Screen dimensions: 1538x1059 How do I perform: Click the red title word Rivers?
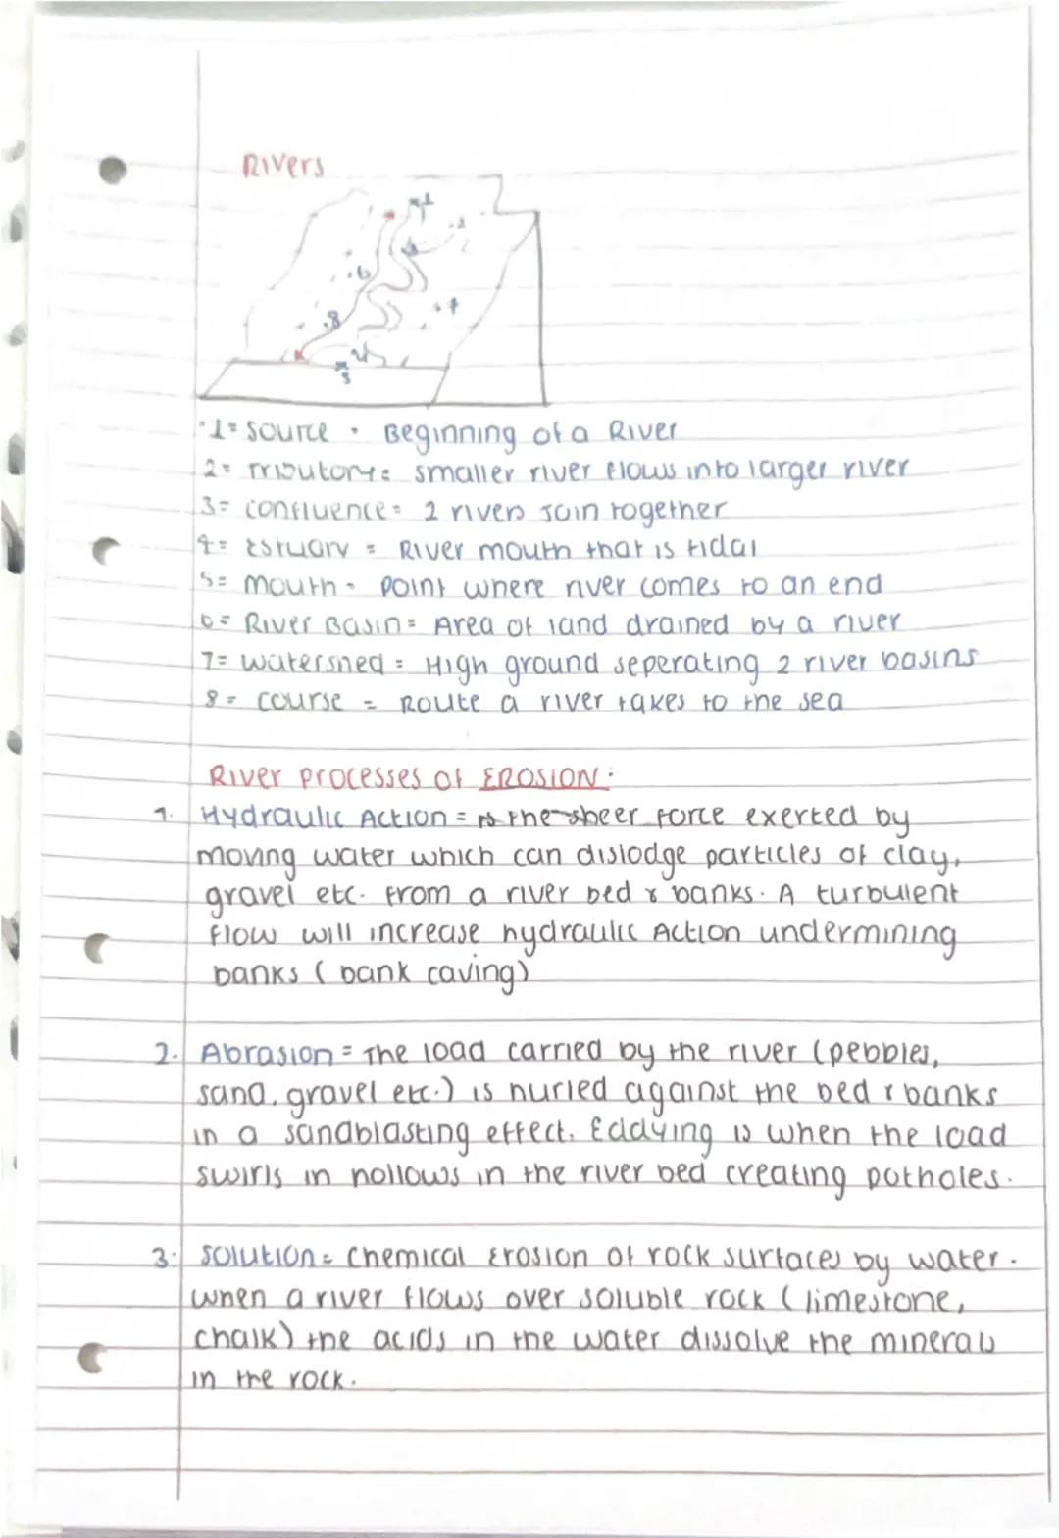click(x=282, y=168)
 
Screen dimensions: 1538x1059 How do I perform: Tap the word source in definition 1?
click(x=286, y=431)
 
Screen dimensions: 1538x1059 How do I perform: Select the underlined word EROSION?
click(x=538, y=780)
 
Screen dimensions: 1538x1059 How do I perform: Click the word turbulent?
click(x=886, y=895)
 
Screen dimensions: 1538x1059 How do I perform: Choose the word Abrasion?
click(x=267, y=1055)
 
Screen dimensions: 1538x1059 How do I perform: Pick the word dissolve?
click(x=720, y=1340)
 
